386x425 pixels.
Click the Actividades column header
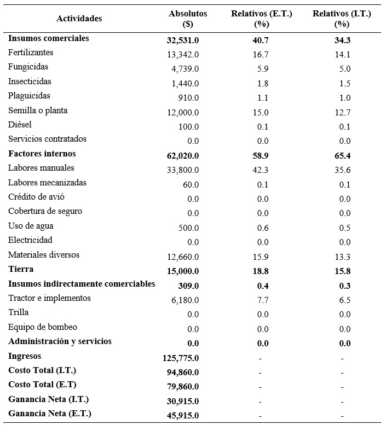click(x=79, y=19)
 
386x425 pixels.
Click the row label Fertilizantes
click(x=31, y=53)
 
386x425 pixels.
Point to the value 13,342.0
click(x=183, y=54)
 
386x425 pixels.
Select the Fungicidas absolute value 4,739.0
click(x=185, y=68)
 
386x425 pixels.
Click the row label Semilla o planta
click(x=38, y=110)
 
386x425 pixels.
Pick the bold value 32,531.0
click(x=183, y=40)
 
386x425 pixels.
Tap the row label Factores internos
click(x=42, y=154)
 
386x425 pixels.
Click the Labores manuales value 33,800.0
click(x=183, y=170)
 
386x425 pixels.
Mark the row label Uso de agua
click(x=31, y=226)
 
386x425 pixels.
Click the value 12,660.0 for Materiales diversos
click(x=183, y=256)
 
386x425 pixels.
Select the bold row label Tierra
click(x=21, y=269)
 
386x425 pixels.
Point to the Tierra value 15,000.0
click(x=183, y=271)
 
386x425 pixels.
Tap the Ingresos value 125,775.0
click(x=181, y=358)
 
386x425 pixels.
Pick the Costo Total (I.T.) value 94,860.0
click(x=183, y=372)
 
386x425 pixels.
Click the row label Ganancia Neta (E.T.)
click(x=50, y=414)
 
